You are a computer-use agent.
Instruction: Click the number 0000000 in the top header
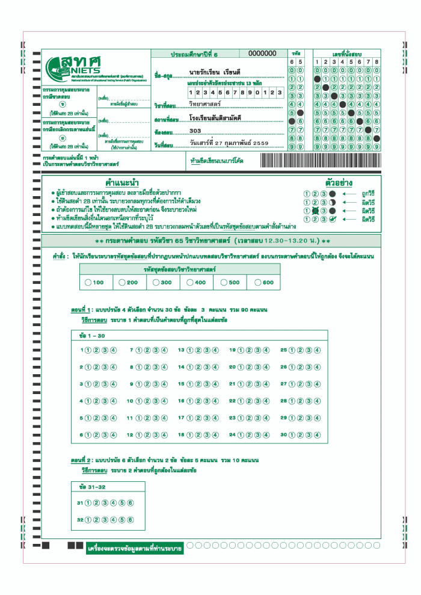(x=262, y=54)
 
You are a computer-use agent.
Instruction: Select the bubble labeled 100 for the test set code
(x=88, y=282)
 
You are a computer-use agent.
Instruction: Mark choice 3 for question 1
(x=105, y=350)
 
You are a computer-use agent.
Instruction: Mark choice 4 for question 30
(x=317, y=434)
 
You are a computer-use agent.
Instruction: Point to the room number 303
(x=195, y=131)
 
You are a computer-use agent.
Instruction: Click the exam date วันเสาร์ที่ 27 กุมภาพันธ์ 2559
(x=229, y=144)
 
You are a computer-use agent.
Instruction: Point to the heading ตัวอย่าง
(x=339, y=182)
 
